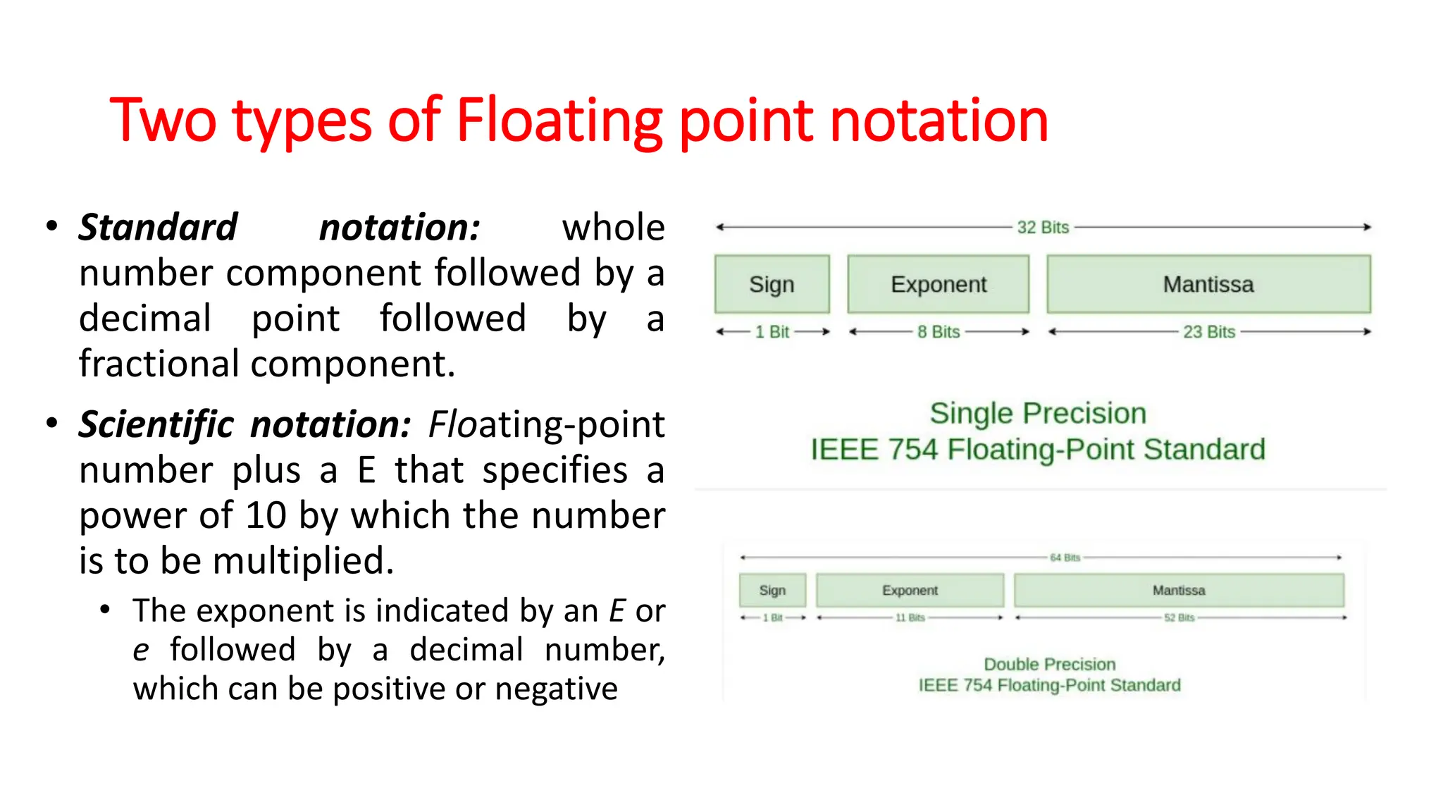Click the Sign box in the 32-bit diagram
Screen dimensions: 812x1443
click(772, 284)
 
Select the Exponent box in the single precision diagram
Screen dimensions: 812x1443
click(938, 284)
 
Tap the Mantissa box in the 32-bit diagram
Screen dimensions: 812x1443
click(1208, 284)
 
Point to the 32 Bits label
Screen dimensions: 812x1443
click(1043, 228)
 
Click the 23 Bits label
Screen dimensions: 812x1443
click(1209, 332)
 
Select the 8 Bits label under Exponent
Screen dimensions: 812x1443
click(939, 332)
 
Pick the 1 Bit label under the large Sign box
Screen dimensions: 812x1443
click(772, 332)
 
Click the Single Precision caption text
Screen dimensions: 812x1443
click(1038, 414)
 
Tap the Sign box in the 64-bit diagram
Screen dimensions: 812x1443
click(772, 591)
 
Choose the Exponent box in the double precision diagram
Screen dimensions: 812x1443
click(910, 591)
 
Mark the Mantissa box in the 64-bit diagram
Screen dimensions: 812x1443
click(1179, 591)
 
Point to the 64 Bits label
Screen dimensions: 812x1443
click(1065, 558)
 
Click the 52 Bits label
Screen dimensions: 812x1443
click(1179, 617)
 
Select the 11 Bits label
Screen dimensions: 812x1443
click(910, 617)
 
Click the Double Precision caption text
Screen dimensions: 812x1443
click(1049, 665)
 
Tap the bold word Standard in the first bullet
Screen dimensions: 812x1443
click(158, 228)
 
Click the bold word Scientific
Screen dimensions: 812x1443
click(156, 425)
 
